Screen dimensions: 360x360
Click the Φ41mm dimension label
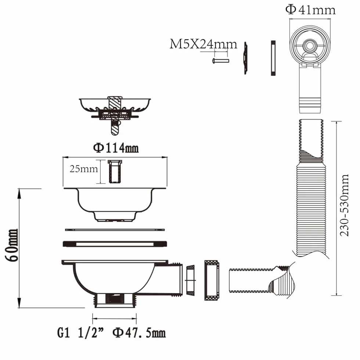[310, 10]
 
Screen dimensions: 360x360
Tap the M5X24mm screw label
[203, 44]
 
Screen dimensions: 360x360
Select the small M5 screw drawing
[220, 61]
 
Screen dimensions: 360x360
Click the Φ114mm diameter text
[116, 148]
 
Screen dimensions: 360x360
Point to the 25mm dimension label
[84, 169]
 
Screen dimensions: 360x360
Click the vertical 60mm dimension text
[12, 245]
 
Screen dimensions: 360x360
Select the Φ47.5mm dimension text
[139, 333]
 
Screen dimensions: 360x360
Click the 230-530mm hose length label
[344, 205]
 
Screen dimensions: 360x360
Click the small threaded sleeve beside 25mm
[115, 172]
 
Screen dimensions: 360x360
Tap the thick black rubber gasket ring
[115, 244]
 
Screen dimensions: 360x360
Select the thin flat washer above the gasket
[115, 230]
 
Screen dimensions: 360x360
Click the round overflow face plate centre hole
[309, 45]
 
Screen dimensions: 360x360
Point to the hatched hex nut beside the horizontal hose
[212, 280]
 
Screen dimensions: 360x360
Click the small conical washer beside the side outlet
[191, 280]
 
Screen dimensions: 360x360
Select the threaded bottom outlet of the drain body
[114, 300]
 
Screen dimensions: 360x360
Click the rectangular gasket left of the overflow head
[273, 58]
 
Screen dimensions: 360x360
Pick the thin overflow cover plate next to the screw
[246, 58]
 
